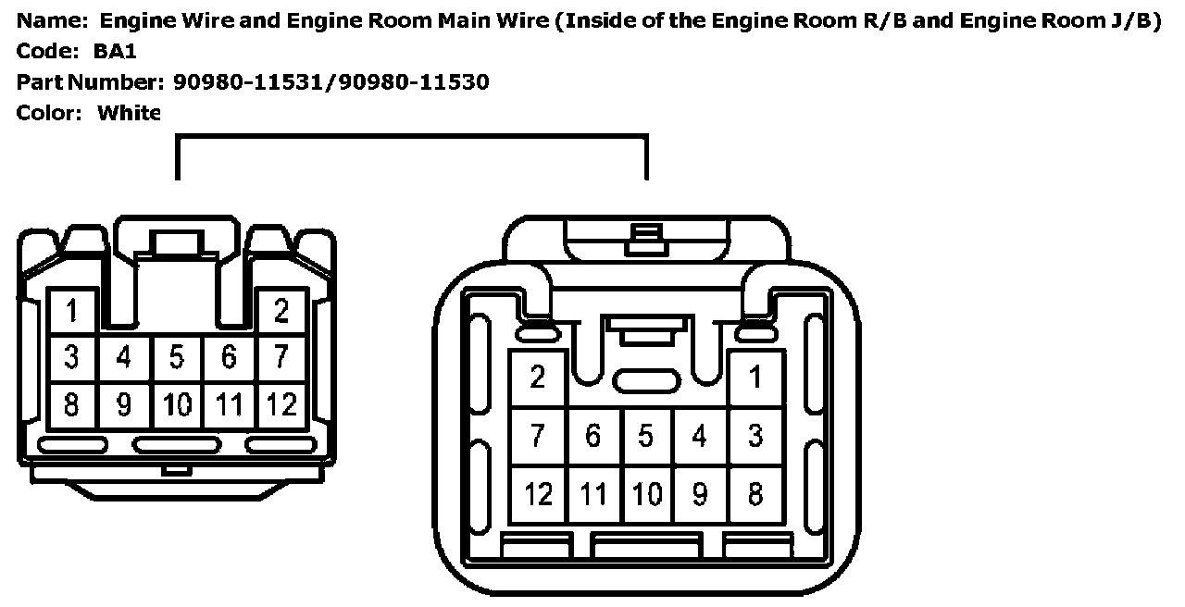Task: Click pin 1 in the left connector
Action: pyautogui.click(x=71, y=312)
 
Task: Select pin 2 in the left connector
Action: pyautogui.click(x=281, y=312)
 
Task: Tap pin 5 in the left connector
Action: pyautogui.click(x=177, y=357)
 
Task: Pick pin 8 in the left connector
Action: pyautogui.click(x=71, y=404)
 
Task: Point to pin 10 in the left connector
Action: pyautogui.click(x=177, y=404)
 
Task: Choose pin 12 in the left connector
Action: pyautogui.click(x=281, y=404)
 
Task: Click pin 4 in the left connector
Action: pyautogui.click(x=124, y=357)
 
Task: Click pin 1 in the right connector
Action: pyautogui.click(x=755, y=378)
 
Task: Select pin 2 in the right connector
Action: pyautogui.click(x=538, y=378)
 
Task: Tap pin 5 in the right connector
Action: pyautogui.click(x=646, y=436)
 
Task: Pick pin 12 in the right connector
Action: pyautogui.click(x=538, y=494)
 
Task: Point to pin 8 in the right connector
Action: pyautogui.click(x=755, y=494)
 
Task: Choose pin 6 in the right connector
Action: pyautogui.click(x=592, y=436)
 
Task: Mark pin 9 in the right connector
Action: pyautogui.click(x=700, y=494)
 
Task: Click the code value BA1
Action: pyautogui.click(x=115, y=52)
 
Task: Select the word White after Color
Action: pyautogui.click(x=129, y=113)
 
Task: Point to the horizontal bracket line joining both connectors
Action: pyautogui.click(x=411, y=137)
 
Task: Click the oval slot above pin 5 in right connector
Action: pyautogui.click(x=646, y=380)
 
